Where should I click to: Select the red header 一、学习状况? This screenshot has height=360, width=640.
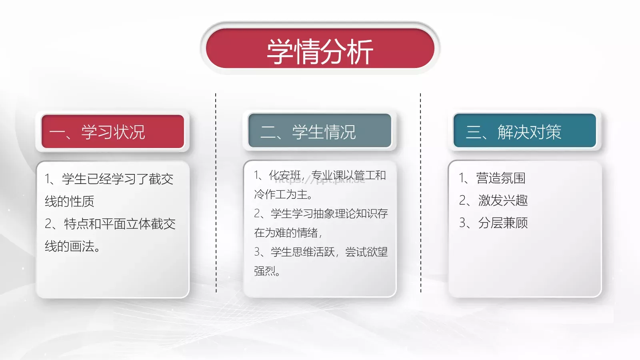click(x=113, y=132)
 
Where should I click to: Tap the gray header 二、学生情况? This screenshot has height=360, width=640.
click(x=319, y=132)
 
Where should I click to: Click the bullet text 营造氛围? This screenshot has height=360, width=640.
click(x=500, y=178)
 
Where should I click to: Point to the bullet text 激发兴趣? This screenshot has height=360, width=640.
click(x=503, y=200)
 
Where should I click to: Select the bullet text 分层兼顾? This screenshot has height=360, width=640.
click(x=503, y=223)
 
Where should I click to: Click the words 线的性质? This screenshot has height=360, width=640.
click(x=70, y=201)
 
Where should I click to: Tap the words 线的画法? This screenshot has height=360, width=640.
click(x=70, y=246)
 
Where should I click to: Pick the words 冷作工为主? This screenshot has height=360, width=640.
click(x=281, y=194)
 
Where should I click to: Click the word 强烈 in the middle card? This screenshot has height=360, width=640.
click(x=264, y=271)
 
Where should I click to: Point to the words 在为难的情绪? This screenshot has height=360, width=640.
click(x=286, y=233)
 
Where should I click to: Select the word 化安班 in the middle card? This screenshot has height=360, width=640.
click(x=285, y=175)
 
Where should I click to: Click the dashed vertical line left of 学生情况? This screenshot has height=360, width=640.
click(x=216, y=192)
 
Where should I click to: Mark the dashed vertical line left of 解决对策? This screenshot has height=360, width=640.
click(x=420, y=192)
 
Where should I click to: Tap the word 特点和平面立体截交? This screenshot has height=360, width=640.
click(x=120, y=224)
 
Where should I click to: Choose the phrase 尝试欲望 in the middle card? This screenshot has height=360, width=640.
click(x=366, y=252)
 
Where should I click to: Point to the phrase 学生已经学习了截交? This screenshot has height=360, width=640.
click(x=118, y=179)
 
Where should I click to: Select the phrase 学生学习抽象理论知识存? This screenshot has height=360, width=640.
click(x=329, y=214)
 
